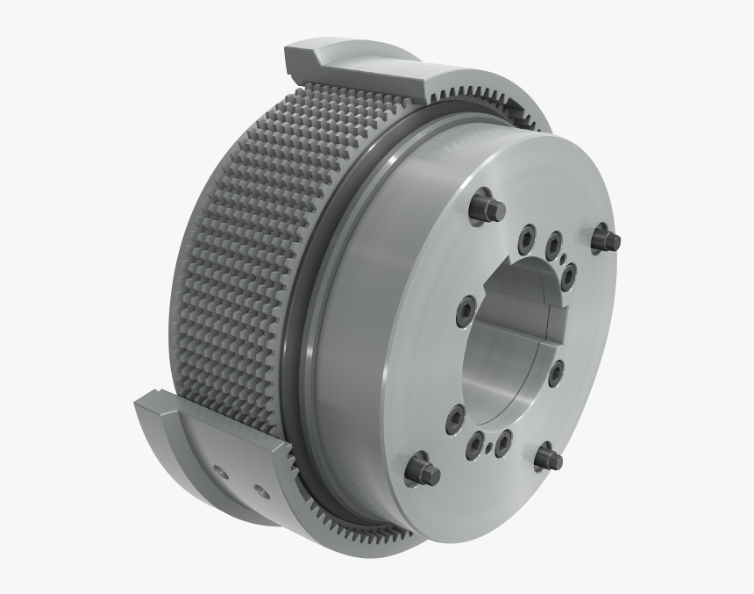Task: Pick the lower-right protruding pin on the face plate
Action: [550, 458]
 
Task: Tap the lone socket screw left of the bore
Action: [465, 309]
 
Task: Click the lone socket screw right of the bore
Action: [556, 373]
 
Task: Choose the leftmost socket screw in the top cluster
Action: [527, 235]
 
